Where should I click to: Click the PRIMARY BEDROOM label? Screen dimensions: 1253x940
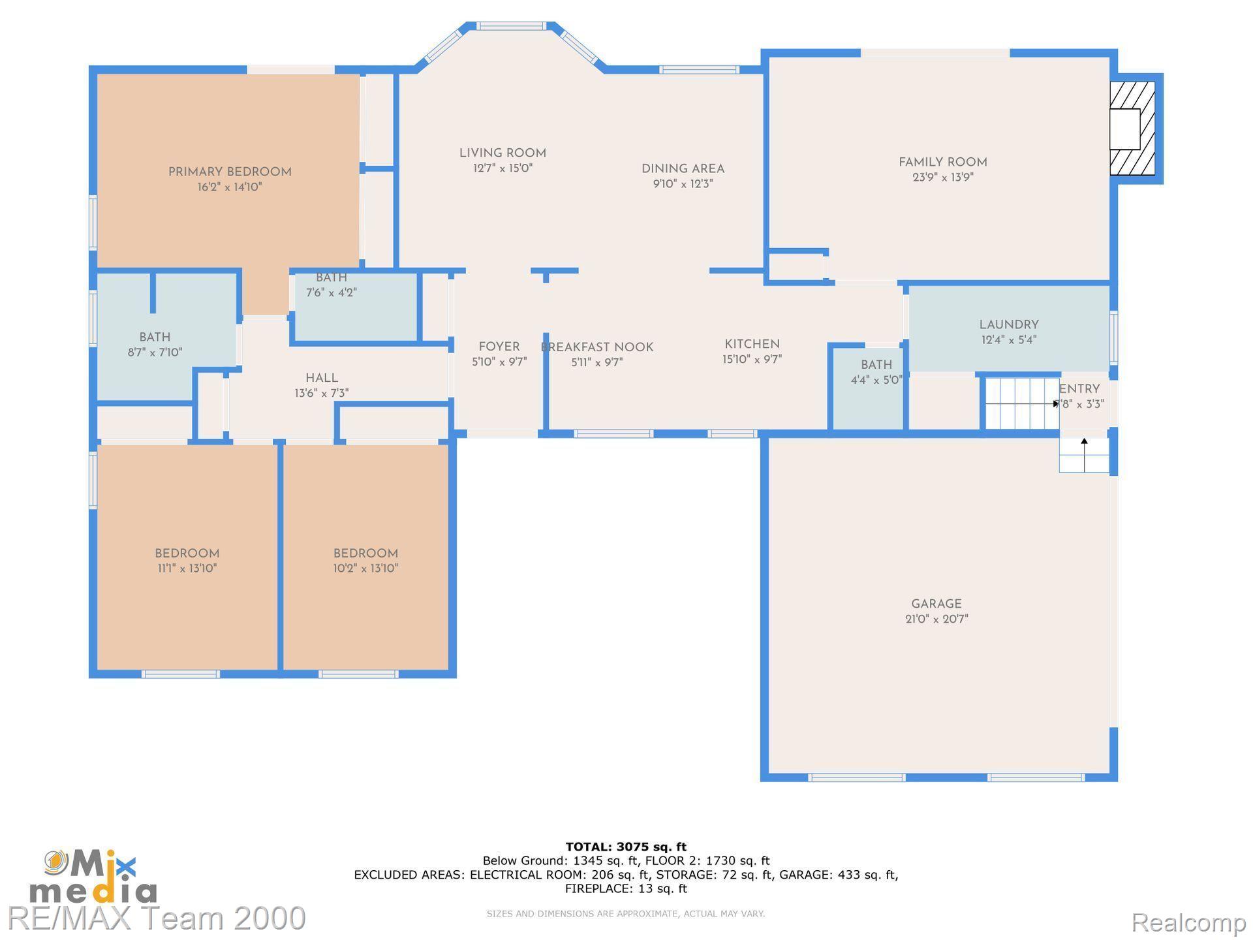pos(230,172)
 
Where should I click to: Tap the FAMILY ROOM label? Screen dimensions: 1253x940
pos(942,162)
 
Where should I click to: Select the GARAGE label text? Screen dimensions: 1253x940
pos(936,604)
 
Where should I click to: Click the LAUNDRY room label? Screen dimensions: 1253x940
pos(1009,324)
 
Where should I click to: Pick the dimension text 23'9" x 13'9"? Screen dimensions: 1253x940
pos(943,177)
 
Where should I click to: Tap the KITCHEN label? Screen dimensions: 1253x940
pos(752,344)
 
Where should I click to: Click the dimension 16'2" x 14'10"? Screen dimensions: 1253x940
pos(230,187)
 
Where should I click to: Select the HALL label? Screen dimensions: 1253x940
pos(322,378)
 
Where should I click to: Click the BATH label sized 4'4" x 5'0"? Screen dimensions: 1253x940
pos(876,364)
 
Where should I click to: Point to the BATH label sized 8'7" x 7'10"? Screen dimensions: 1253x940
pos(155,337)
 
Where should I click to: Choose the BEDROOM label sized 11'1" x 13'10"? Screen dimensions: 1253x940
pos(187,553)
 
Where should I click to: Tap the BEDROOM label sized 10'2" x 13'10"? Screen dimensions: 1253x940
pos(365,553)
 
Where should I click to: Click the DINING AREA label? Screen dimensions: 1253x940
pos(683,168)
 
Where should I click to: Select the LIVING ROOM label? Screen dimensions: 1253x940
pos(503,153)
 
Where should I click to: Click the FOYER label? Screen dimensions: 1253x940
pos(499,347)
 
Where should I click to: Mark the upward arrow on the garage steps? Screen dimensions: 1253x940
pos(1084,454)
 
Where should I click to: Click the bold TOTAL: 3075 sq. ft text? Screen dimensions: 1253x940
pos(626,847)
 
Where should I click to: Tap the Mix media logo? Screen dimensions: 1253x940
pos(93,877)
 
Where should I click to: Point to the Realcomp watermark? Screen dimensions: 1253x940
pos(1188,922)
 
